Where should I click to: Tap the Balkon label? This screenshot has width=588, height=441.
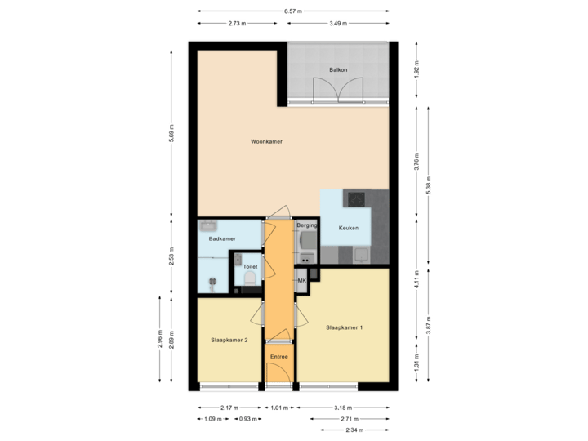point(339,70)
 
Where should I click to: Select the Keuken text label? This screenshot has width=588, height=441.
point(350,229)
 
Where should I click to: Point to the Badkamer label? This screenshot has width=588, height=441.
point(222,239)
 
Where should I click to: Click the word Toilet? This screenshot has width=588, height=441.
point(250,266)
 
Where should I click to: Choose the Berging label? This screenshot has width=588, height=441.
point(306,224)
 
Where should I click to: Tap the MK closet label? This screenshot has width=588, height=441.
point(301,281)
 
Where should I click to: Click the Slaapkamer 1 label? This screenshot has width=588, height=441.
point(344,327)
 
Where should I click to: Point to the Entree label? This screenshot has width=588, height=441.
point(279,356)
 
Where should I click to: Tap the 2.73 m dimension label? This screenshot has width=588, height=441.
point(238,23)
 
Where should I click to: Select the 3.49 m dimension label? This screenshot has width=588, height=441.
point(336,23)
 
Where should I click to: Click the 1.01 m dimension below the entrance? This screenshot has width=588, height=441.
point(280,408)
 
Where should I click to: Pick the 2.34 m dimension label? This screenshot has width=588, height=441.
point(354,430)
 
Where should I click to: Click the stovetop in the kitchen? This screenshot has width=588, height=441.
point(357,198)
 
